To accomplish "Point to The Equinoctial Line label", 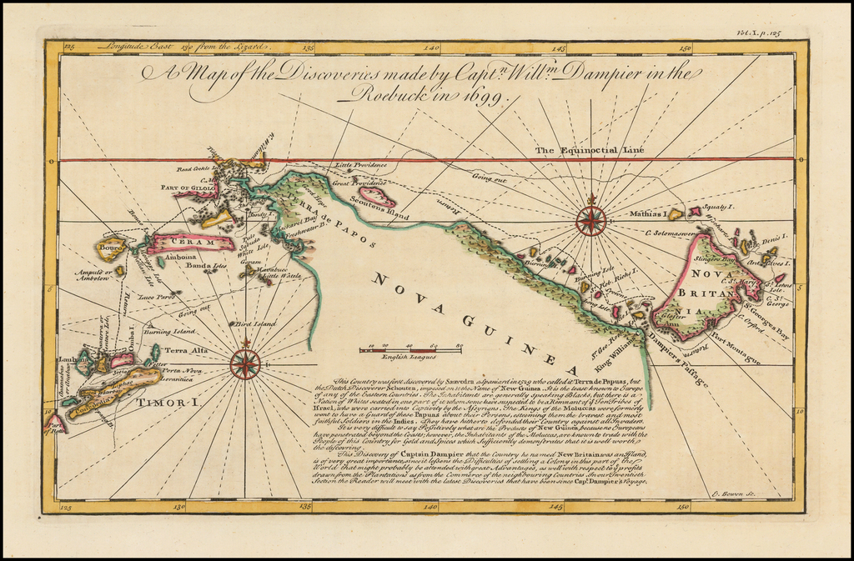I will click(x=590, y=150).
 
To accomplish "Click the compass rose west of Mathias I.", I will click(x=591, y=221).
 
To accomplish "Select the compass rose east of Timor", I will click(x=244, y=363).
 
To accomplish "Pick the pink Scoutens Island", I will click(x=377, y=198).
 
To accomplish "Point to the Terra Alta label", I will click(x=186, y=352).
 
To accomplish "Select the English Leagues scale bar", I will click(x=411, y=347).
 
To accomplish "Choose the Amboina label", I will click(x=181, y=258).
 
